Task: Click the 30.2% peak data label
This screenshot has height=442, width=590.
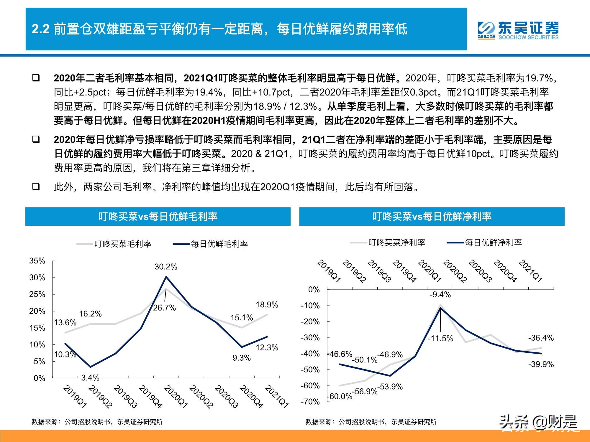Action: point(166,267)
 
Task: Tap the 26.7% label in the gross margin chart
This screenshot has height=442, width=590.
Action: point(165,308)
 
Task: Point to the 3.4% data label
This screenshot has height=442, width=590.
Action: point(90,377)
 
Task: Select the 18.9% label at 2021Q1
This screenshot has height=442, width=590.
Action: point(267,304)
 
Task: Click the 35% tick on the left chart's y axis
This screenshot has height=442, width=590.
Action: point(37,261)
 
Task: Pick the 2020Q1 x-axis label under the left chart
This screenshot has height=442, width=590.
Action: point(176,397)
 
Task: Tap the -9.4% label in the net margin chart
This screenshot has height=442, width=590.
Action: point(440,294)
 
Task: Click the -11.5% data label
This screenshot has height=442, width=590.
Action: point(440,338)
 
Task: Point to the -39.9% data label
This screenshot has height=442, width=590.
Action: point(541,364)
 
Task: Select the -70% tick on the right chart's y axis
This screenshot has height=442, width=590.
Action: point(310,401)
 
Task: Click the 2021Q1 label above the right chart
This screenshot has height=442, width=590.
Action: point(531,271)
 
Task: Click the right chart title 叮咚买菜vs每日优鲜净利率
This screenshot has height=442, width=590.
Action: point(432,217)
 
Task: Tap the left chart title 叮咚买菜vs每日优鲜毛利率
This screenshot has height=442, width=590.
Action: point(158,217)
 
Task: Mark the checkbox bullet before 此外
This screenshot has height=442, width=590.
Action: point(36,187)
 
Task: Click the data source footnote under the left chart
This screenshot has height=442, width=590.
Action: point(97,422)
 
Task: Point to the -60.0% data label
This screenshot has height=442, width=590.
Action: point(341,396)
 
